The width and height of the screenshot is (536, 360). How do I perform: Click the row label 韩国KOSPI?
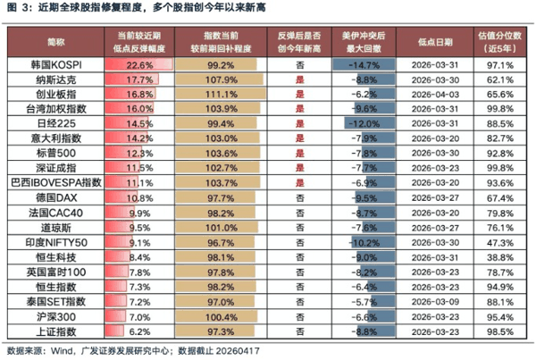pyautogui.click(x=55, y=66)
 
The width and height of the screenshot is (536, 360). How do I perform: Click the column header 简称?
pyautogui.click(x=55, y=42)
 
